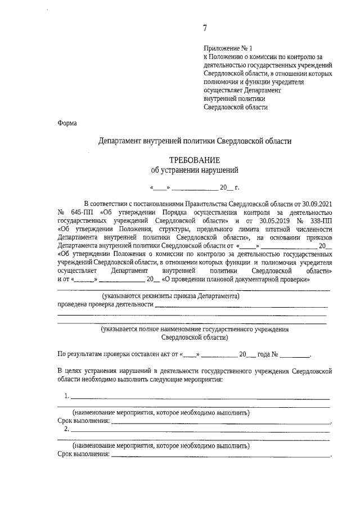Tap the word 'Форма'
[x=67, y=123]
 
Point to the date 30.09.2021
[x=317, y=203]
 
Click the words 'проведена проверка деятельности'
[x=106, y=304]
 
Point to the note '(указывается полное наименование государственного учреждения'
[x=195, y=330]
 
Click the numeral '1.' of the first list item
[x=67, y=396]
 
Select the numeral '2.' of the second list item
[x=67, y=429]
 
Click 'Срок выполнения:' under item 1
[x=84, y=421]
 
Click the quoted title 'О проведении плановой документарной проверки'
[x=236, y=279]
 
